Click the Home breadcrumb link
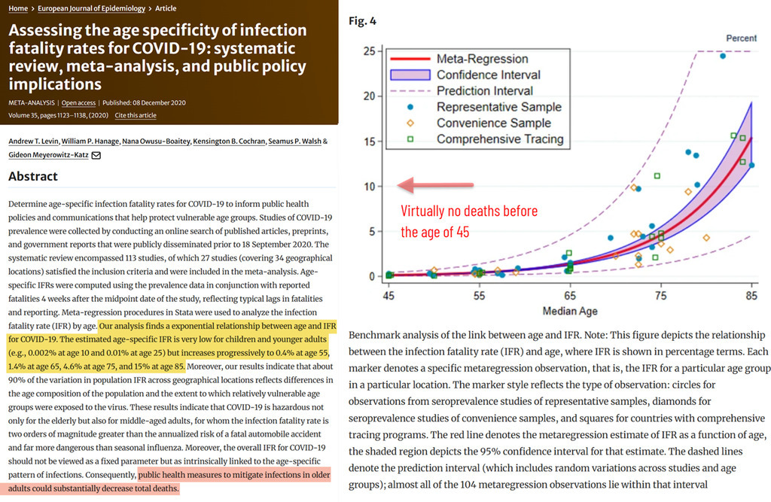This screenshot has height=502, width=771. point(18,8)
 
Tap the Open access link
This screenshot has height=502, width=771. point(79,102)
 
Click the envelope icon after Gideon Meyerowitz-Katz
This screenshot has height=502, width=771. point(96,155)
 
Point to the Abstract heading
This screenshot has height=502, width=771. point(33,177)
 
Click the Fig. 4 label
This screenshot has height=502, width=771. point(362,20)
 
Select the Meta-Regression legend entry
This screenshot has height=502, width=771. point(483,59)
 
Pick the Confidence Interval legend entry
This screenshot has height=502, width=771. point(489,75)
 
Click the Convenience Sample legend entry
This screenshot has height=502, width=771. point(493,123)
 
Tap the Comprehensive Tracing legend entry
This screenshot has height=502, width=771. point(500,139)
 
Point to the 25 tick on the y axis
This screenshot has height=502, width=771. point(369,51)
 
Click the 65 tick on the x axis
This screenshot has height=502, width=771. point(569,297)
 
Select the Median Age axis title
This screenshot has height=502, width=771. point(570,311)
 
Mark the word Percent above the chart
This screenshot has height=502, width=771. point(741,38)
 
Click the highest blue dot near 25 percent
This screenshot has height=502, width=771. point(723,56)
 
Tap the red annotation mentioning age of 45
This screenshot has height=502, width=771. point(469,221)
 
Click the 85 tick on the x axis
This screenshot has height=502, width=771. point(751,297)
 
